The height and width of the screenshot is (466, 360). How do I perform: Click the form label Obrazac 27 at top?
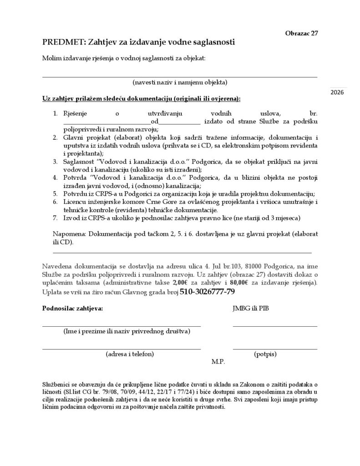pyautogui.click(x=301, y=33)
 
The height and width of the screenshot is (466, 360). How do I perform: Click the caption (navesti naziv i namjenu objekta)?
pyautogui.click(x=180, y=82)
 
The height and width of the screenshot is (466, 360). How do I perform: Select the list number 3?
pyautogui.click(x=55, y=161)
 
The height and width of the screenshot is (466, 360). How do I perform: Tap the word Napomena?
pyautogui.click(x=70, y=234)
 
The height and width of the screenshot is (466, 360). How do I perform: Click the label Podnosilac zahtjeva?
pyautogui.click(x=73, y=309)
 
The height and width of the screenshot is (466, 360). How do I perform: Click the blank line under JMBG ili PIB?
pyautogui.click(x=275, y=326)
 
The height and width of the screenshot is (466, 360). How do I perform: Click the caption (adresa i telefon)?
pyautogui.click(x=130, y=354)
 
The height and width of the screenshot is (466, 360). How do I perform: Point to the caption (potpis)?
pyautogui.click(x=265, y=354)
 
